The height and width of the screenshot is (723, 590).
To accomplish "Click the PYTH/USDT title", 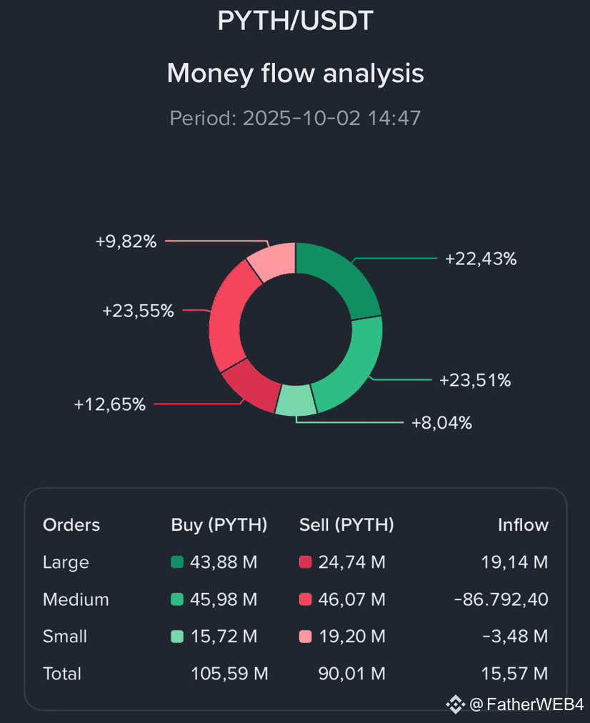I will [295, 21].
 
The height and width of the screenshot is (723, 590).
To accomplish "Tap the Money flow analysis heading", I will [295, 73].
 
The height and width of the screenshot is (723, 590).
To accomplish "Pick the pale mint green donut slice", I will [296, 400].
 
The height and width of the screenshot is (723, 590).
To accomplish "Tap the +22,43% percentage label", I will [481, 259].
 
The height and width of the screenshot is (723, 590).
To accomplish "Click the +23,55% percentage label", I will [138, 311].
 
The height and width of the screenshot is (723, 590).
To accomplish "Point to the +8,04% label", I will [441, 423].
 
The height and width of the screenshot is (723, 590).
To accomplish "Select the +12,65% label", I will [109, 404].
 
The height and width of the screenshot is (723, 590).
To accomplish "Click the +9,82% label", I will [126, 241].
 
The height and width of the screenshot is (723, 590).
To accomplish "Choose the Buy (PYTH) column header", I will [219, 525].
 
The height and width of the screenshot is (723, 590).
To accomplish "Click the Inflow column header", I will [523, 525].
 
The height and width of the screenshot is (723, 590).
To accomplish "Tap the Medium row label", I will [76, 599].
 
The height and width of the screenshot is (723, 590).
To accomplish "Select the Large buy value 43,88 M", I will [224, 562].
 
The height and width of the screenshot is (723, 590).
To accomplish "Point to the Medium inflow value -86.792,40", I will [501, 599].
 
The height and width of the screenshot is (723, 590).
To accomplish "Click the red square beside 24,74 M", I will [306, 562].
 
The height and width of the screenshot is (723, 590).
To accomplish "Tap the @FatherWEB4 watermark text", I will [526, 705].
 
